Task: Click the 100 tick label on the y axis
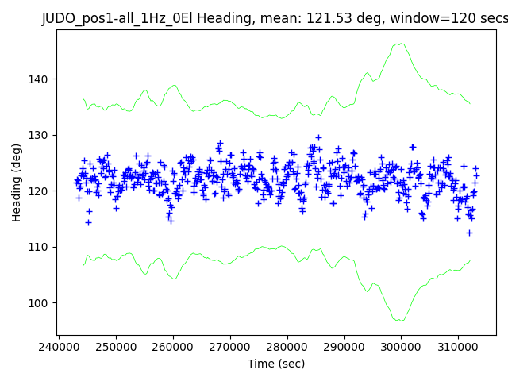click(x=41, y=303)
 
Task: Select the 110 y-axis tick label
click(x=41, y=247)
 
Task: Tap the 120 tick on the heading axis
click(x=41, y=191)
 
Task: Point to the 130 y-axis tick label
click(x=41, y=135)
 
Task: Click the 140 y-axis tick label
click(x=41, y=79)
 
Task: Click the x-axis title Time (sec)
click(x=276, y=363)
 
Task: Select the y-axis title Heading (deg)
click(x=17, y=183)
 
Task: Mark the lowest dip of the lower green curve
click(x=399, y=321)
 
